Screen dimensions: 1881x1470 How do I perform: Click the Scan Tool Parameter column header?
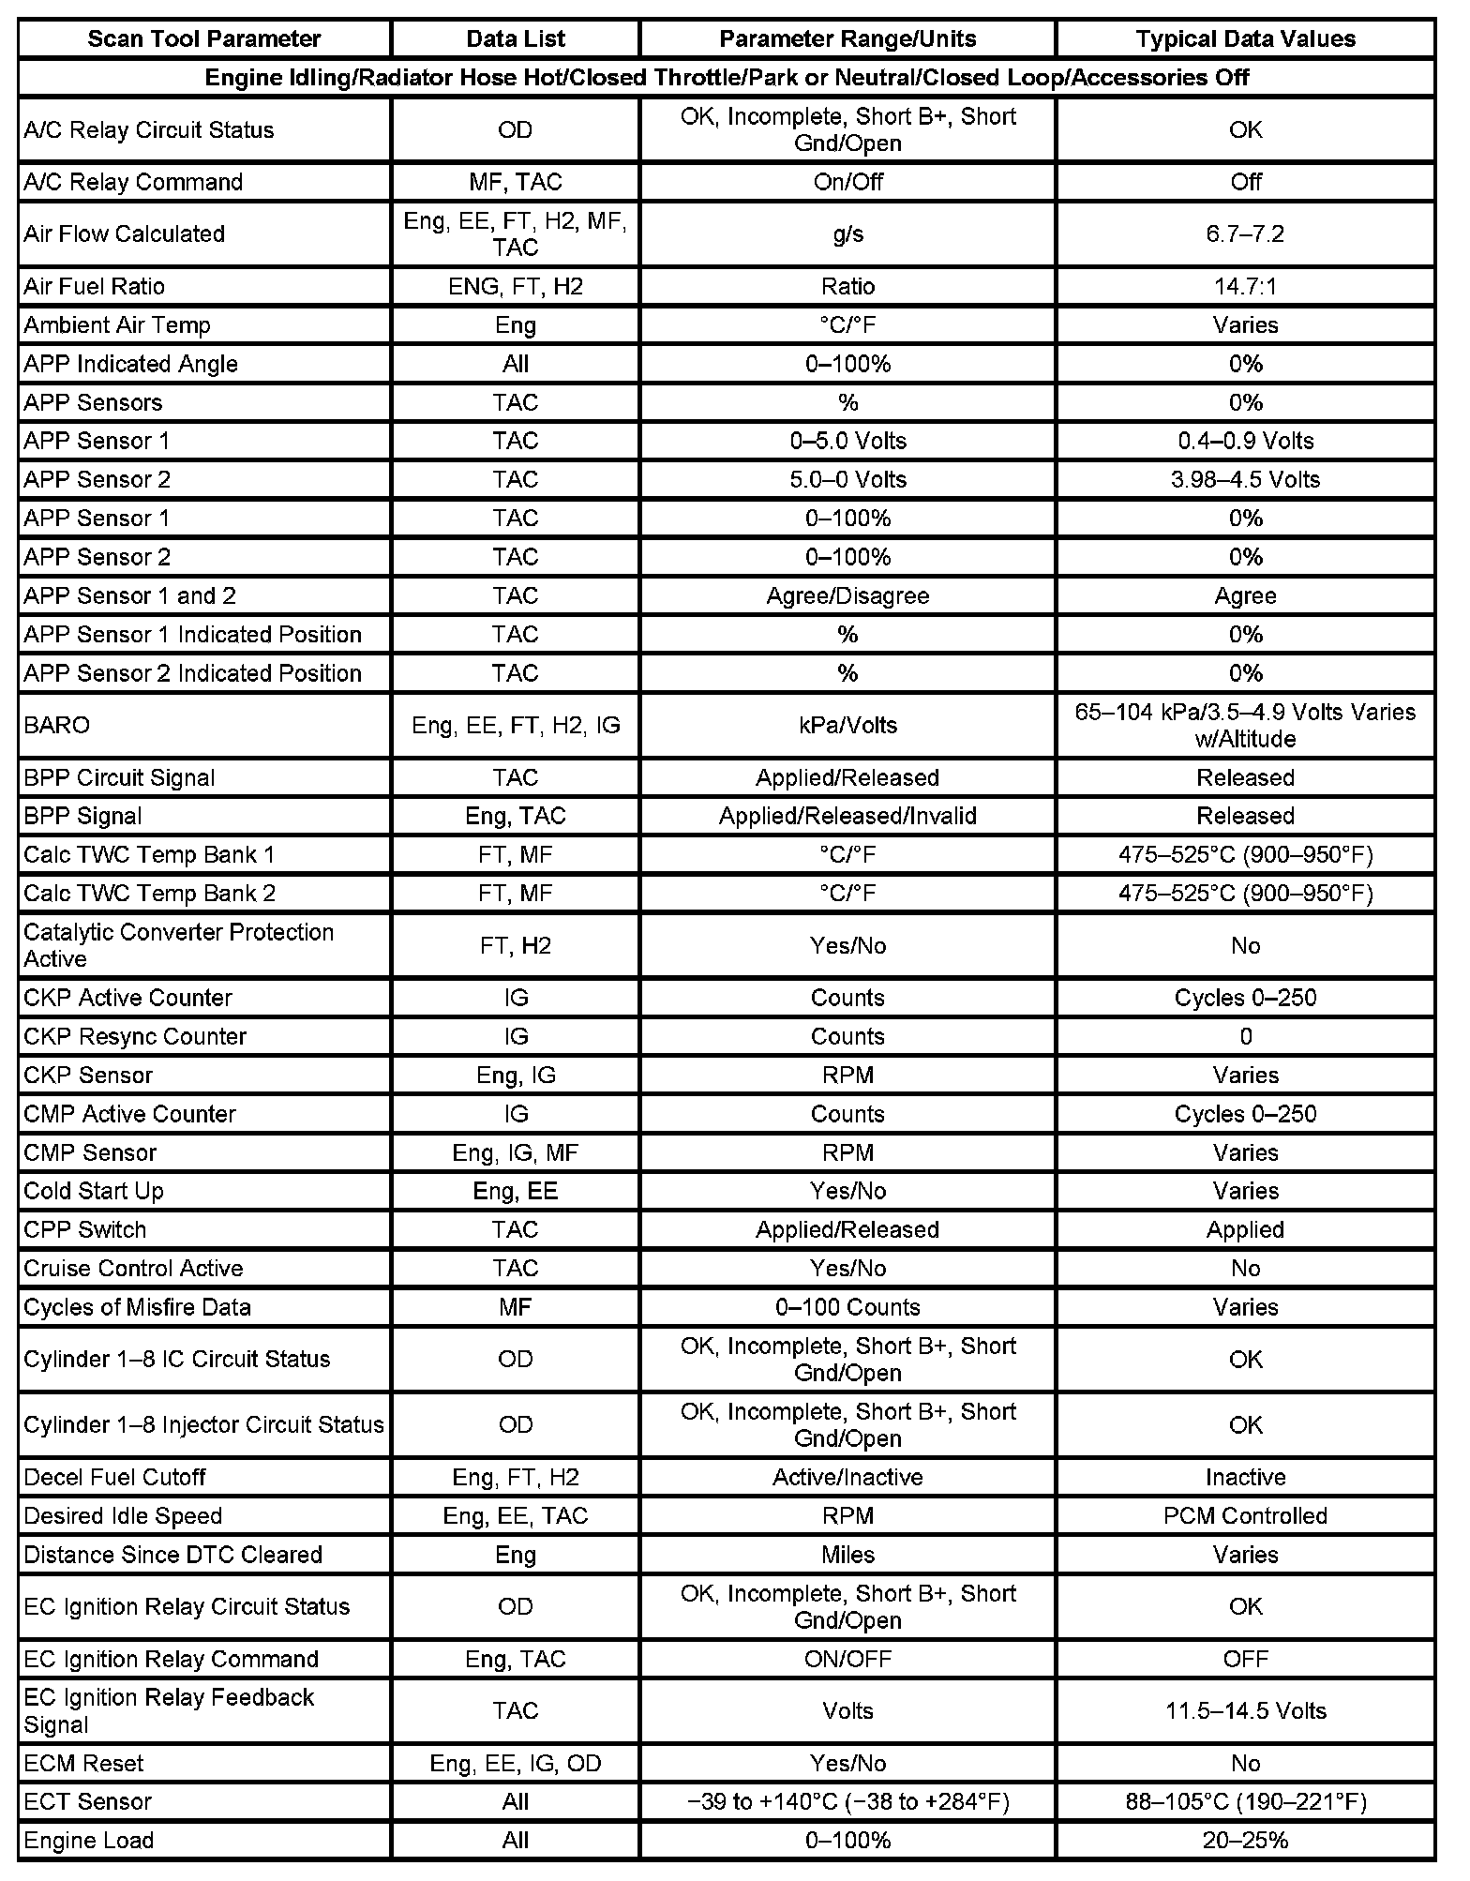click(x=203, y=38)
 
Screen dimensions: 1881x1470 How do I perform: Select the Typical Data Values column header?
click(x=1245, y=38)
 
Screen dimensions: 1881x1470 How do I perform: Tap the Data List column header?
click(x=516, y=38)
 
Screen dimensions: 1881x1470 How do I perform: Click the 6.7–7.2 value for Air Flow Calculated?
click(x=1245, y=233)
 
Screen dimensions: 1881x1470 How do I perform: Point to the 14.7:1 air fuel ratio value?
click(x=1245, y=286)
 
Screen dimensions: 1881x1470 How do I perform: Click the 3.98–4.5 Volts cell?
click(x=1245, y=479)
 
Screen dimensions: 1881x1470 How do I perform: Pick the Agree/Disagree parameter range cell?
click(x=847, y=595)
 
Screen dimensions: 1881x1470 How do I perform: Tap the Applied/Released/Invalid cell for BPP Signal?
click(x=847, y=816)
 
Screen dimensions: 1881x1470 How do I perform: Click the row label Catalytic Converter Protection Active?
click(x=178, y=945)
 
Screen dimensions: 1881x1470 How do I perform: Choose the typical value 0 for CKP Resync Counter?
click(x=1245, y=1036)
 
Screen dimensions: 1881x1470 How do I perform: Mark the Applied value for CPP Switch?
click(x=1245, y=1229)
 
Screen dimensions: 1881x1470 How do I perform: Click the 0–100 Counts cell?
click(x=847, y=1307)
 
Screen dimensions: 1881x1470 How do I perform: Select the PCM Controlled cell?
click(x=1245, y=1516)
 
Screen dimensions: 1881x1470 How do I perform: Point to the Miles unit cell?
click(x=847, y=1555)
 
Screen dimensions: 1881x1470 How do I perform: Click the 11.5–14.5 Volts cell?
click(x=1245, y=1711)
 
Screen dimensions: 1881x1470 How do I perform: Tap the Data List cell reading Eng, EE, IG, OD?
click(x=516, y=1764)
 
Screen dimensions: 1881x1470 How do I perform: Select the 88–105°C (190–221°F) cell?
click(x=1245, y=1801)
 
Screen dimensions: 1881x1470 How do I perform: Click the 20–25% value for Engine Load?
click(x=1245, y=1841)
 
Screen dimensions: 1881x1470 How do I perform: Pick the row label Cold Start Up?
click(x=94, y=1191)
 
